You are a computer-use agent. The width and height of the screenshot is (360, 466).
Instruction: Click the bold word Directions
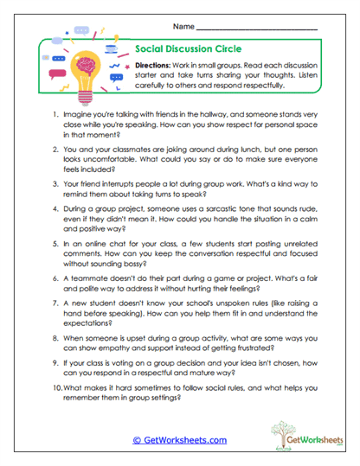158,66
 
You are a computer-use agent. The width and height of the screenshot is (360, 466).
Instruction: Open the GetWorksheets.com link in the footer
178,439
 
